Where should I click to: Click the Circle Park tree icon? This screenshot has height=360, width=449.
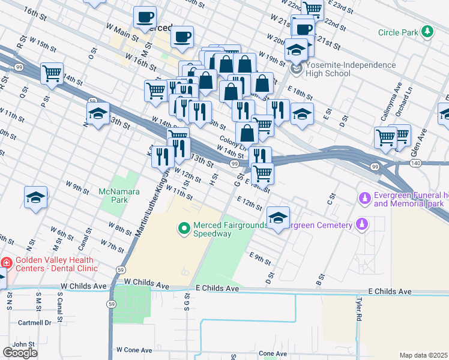(427, 32)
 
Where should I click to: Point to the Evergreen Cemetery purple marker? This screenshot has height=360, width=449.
(361, 224)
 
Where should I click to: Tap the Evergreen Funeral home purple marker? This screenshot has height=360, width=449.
(364, 198)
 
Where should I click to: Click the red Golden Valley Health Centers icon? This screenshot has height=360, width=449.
(6, 263)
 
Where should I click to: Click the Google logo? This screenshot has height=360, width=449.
(19, 353)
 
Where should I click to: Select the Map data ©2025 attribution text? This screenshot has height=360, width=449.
(424, 355)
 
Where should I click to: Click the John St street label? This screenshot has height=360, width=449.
(24, 344)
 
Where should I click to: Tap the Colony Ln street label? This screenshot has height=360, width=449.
(234, 142)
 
